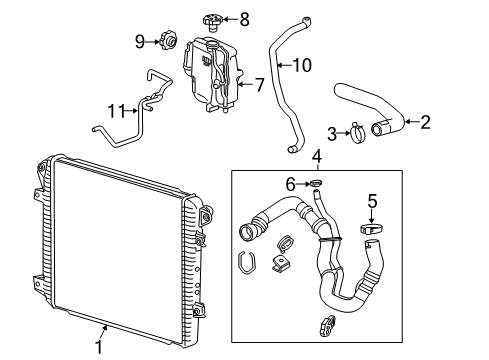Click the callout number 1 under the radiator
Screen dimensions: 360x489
tap(98, 347)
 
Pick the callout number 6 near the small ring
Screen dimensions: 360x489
tap(291, 184)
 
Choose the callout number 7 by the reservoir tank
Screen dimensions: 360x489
tap(258, 86)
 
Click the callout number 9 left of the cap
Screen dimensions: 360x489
tap(140, 41)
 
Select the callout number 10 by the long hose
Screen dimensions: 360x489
tap(301, 66)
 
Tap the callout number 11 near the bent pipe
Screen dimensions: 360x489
tap(116, 110)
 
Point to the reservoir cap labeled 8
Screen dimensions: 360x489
tap(212, 17)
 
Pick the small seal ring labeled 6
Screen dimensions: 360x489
tap(316, 184)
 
